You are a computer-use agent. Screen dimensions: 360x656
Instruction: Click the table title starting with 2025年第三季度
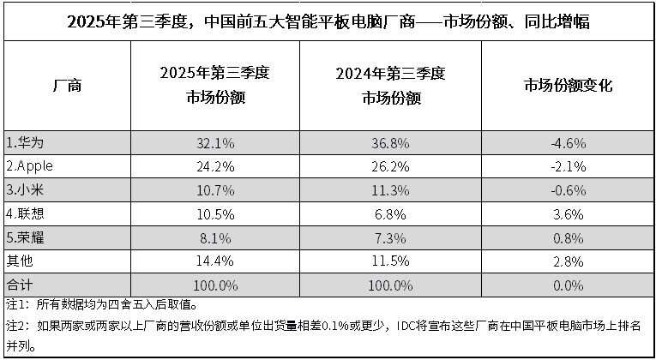(328, 20)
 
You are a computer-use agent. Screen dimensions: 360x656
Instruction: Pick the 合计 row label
(18, 283)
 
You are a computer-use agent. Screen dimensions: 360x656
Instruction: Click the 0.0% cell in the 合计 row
(567, 283)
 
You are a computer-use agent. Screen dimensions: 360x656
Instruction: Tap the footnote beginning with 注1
(102, 304)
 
